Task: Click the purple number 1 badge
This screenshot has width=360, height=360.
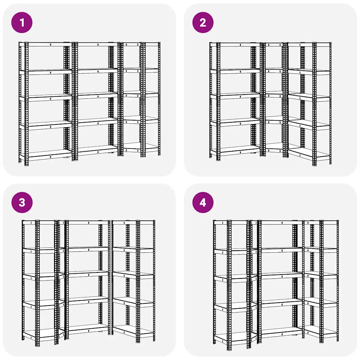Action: coord(22,22)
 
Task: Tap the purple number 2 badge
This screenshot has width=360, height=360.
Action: coord(203,22)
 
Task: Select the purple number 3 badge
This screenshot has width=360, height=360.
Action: coord(22,202)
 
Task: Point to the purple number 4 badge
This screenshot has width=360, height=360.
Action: coord(203,202)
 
